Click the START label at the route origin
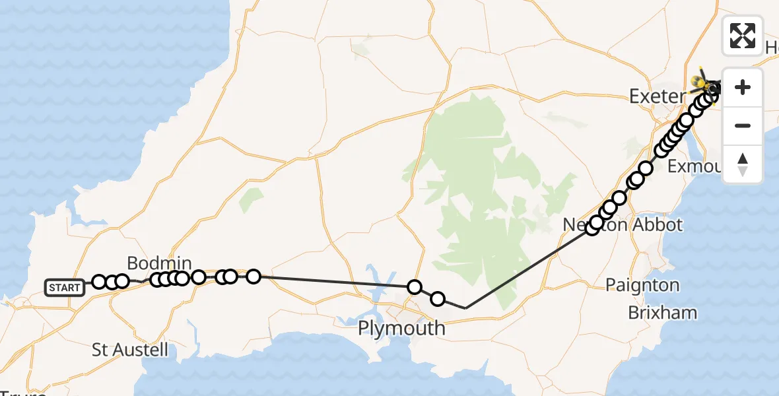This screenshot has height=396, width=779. [x=65, y=288]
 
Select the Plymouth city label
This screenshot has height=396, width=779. [x=401, y=328]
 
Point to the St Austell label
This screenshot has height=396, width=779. [x=130, y=349]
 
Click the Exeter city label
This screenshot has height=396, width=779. [x=657, y=96]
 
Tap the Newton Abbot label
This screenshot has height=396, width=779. [x=623, y=224]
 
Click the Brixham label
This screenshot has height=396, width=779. [x=662, y=312]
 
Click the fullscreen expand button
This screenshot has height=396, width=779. [x=743, y=35]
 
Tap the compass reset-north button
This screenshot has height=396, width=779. [x=743, y=164]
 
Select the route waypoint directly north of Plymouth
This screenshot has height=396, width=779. [x=415, y=286]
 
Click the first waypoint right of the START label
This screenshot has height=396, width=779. [x=99, y=282]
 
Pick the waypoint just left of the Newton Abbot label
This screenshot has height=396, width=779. [x=592, y=228]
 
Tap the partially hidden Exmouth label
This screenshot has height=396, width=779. [x=693, y=166]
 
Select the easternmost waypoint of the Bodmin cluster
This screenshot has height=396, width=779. [x=254, y=276]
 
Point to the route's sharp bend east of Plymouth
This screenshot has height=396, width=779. [x=466, y=308]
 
